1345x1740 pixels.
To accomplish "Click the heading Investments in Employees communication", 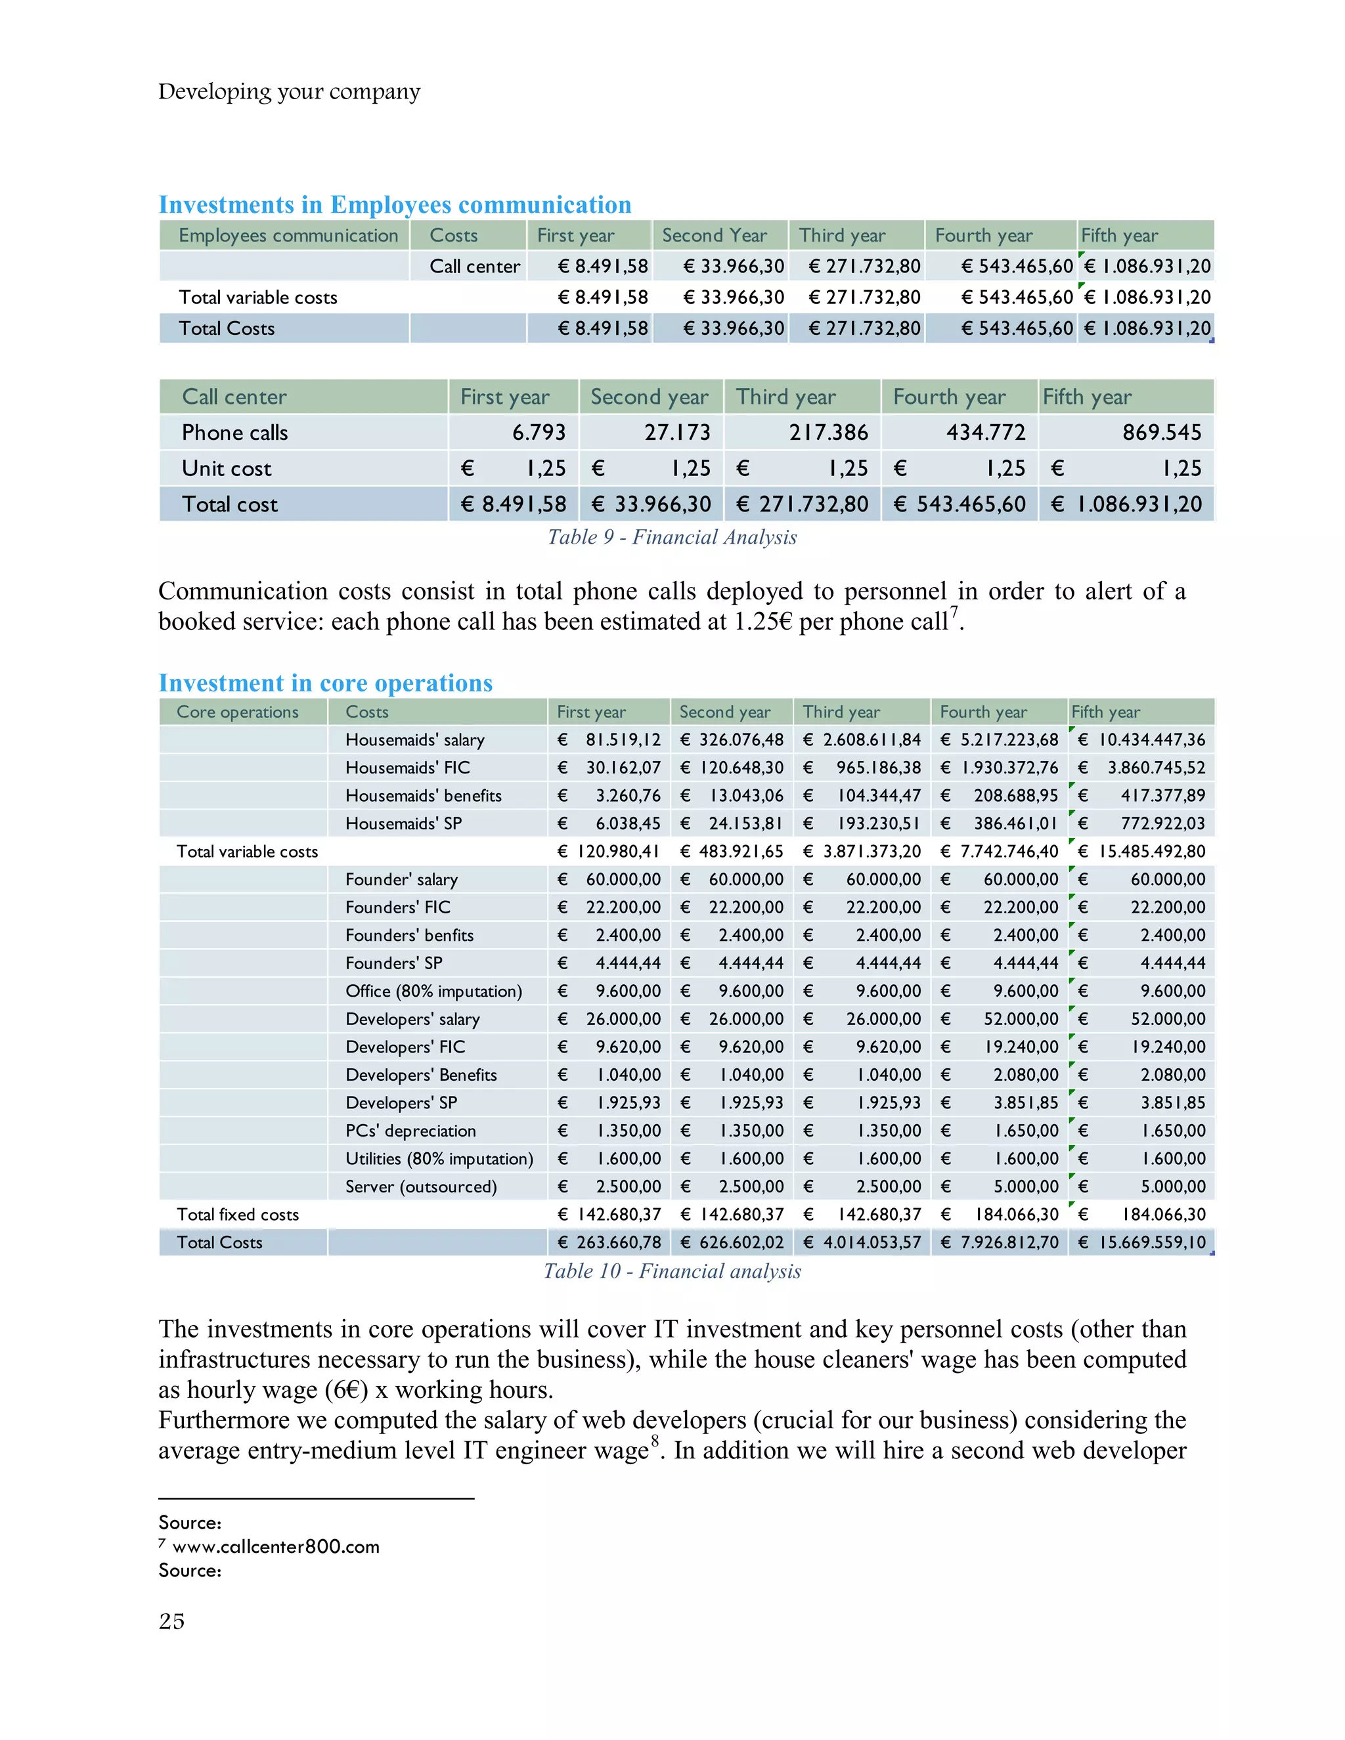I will (x=395, y=205).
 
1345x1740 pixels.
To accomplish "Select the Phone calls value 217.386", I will (x=828, y=433).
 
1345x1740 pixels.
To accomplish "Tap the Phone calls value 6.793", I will (x=539, y=433).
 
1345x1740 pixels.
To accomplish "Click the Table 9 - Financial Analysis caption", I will (x=672, y=537).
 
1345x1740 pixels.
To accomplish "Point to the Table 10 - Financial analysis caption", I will (x=672, y=1271).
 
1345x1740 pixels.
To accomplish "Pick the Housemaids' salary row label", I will (x=414, y=740).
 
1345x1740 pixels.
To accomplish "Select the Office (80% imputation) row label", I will (x=433, y=991).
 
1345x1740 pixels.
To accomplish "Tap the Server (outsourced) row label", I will (x=421, y=1186).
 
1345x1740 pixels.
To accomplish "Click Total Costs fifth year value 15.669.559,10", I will (x=1152, y=1242).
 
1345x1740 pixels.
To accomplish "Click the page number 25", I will (x=171, y=1621).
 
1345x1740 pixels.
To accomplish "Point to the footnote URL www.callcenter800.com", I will (x=276, y=1546).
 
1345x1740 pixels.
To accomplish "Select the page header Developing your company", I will (x=288, y=92).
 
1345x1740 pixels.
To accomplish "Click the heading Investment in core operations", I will (x=325, y=683).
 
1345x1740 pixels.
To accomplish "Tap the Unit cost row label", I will (x=227, y=468).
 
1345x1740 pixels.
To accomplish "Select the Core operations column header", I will (x=238, y=712).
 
